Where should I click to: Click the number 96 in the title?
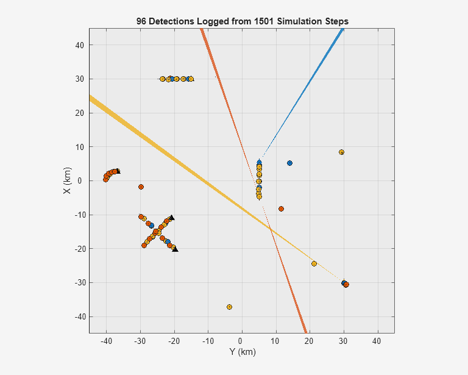pos(141,21)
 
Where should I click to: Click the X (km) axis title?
pos(68,181)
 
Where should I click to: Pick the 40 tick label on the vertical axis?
pos(79,45)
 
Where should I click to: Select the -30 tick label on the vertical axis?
pos(77,283)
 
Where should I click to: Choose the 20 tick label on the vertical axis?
pos(79,113)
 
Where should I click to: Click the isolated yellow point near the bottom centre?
pos(229,307)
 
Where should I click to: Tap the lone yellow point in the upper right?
pos(341,152)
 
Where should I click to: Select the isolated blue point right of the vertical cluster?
pos(289,163)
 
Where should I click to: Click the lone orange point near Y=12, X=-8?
pos(281,209)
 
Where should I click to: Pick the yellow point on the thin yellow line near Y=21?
pos(314,263)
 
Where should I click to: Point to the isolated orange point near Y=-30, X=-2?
pos(141,187)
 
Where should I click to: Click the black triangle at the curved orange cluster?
pos(118,171)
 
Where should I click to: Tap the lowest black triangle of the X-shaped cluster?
pos(175,249)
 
